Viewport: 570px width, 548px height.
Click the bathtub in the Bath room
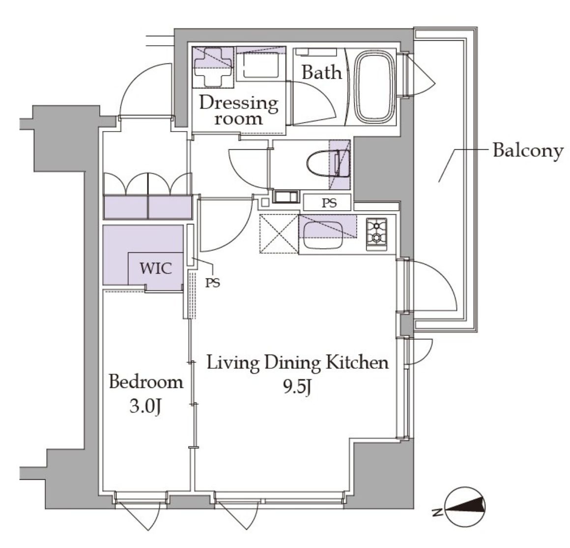pyautogui.click(x=375, y=87)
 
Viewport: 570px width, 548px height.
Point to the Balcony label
pyautogui.click(x=528, y=150)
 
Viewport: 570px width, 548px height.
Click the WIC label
pyautogui.click(x=156, y=269)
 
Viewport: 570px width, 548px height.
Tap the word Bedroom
pyautogui.click(x=146, y=382)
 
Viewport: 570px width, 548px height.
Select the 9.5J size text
pyautogui.click(x=297, y=387)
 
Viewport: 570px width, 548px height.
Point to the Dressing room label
pyautogui.click(x=238, y=110)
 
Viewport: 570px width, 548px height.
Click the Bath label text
pyautogui.click(x=322, y=72)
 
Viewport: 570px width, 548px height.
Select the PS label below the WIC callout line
pyautogui.click(x=212, y=283)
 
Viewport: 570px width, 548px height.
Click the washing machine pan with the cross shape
pyautogui.click(x=213, y=67)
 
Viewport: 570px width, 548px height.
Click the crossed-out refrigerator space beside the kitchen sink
pyautogui.click(x=279, y=234)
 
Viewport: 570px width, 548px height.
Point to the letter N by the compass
pyautogui.click(x=437, y=513)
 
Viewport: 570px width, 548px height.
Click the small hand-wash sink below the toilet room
pyautogui.click(x=285, y=197)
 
